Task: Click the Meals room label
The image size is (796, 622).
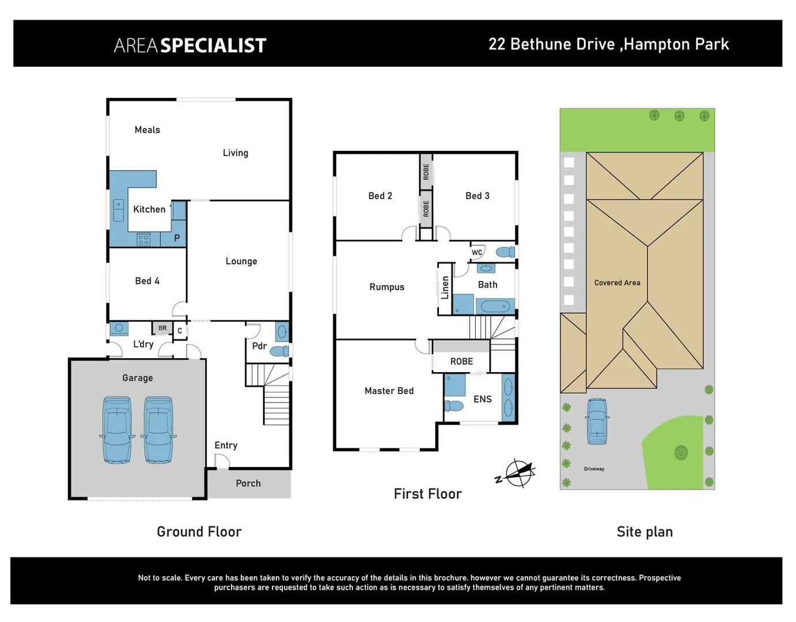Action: [x=147, y=130]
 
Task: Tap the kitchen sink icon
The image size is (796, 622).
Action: [x=118, y=211]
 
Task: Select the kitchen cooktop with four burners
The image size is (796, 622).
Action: [x=143, y=240]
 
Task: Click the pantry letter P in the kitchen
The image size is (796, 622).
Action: [x=177, y=238]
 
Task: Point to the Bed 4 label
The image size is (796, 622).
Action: [x=147, y=281]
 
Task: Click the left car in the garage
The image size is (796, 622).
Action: [x=117, y=430]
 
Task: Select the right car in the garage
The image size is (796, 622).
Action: [x=158, y=430]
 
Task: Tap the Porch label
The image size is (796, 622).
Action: [x=248, y=484]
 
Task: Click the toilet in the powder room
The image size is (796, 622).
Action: [x=279, y=351]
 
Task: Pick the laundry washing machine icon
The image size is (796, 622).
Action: [x=119, y=328]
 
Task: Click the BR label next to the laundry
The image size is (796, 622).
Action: [x=162, y=328]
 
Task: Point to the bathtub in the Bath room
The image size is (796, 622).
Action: [x=495, y=306]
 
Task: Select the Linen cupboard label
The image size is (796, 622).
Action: [x=445, y=287]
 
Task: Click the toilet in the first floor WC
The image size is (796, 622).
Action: [x=505, y=252]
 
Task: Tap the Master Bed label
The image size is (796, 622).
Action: [x=389, y=391]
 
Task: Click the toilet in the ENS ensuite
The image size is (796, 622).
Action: [x=454, y=407]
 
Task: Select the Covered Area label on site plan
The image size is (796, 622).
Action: [x=617, y=283]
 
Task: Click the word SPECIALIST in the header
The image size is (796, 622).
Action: [x=213, y=45]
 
